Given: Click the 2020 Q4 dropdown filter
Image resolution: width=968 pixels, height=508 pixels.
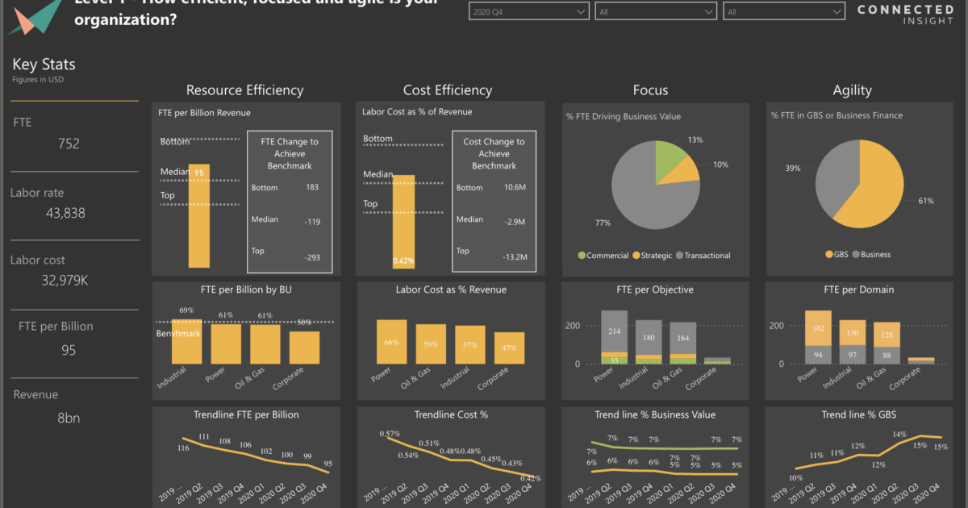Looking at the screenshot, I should (x=528, y=12).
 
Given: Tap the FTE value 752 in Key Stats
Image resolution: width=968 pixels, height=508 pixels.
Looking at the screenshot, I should (x=69, y=144).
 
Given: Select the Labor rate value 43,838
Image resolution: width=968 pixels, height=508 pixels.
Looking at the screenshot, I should (x=63, y=213).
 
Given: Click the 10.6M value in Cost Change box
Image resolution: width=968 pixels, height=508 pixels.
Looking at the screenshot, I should (x=515, y=188).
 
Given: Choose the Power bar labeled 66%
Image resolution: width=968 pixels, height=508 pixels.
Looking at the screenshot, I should (x=392, y=342).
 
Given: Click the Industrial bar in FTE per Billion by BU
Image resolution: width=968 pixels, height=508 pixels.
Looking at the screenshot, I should (x=187, y=338).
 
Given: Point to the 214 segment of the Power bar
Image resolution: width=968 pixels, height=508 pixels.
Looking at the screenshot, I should (x=614, y=331).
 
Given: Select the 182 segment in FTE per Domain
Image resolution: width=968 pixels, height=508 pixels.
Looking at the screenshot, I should (x=818, y=328).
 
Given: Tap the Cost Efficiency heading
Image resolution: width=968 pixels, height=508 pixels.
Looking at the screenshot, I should (x=448, y=90).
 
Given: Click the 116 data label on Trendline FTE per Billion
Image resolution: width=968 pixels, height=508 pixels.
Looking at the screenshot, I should (x=183, y=448).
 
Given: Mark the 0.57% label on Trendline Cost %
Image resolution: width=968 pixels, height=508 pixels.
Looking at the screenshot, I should (x=390, y=434).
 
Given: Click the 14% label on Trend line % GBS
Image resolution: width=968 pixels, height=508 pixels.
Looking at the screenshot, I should (x=899, y=435).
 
